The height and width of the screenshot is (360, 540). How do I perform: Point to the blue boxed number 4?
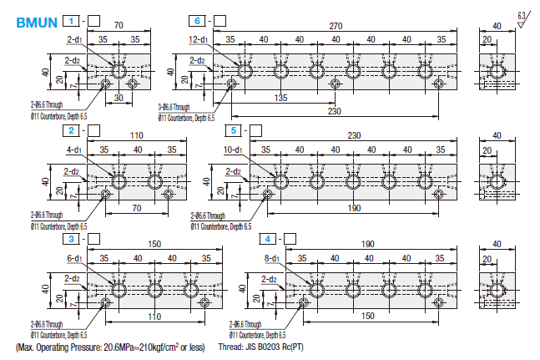(x=267, y=239)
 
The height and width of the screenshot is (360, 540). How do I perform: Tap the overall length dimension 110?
(x=137, y=136)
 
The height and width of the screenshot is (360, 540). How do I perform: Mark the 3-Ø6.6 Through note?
(x=176, y=107)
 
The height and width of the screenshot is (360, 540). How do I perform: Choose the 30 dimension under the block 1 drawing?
(x=118, y=97)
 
